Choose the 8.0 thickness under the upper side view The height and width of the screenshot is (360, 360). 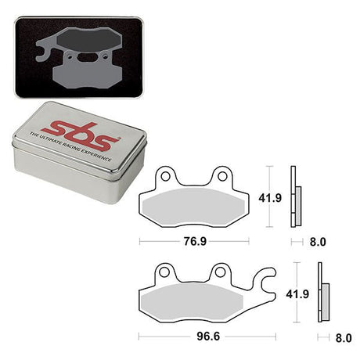(x=315, y=242)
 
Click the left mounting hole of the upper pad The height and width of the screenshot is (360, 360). (x=166, y=176)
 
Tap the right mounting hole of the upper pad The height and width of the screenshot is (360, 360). (x=222, y=176)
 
